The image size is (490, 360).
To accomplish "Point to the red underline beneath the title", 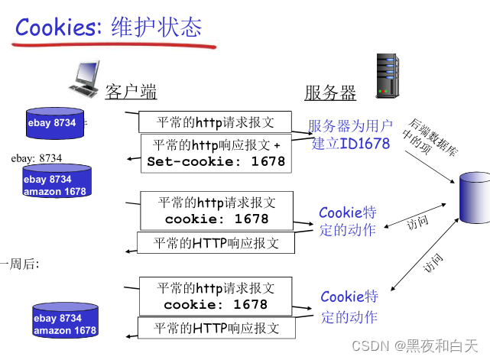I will [115, 45].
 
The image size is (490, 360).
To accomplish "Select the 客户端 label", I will [131, 92].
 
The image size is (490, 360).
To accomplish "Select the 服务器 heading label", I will [330, 93].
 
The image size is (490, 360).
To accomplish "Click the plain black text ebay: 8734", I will [36, 158].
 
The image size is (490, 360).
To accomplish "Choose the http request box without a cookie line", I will [215, 122].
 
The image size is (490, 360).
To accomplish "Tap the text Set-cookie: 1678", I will [216, 161].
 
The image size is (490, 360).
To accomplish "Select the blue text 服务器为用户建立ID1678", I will [351, 135].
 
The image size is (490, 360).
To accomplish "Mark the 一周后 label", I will [21, 264].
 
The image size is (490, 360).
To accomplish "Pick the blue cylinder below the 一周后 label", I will [65, 323].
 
